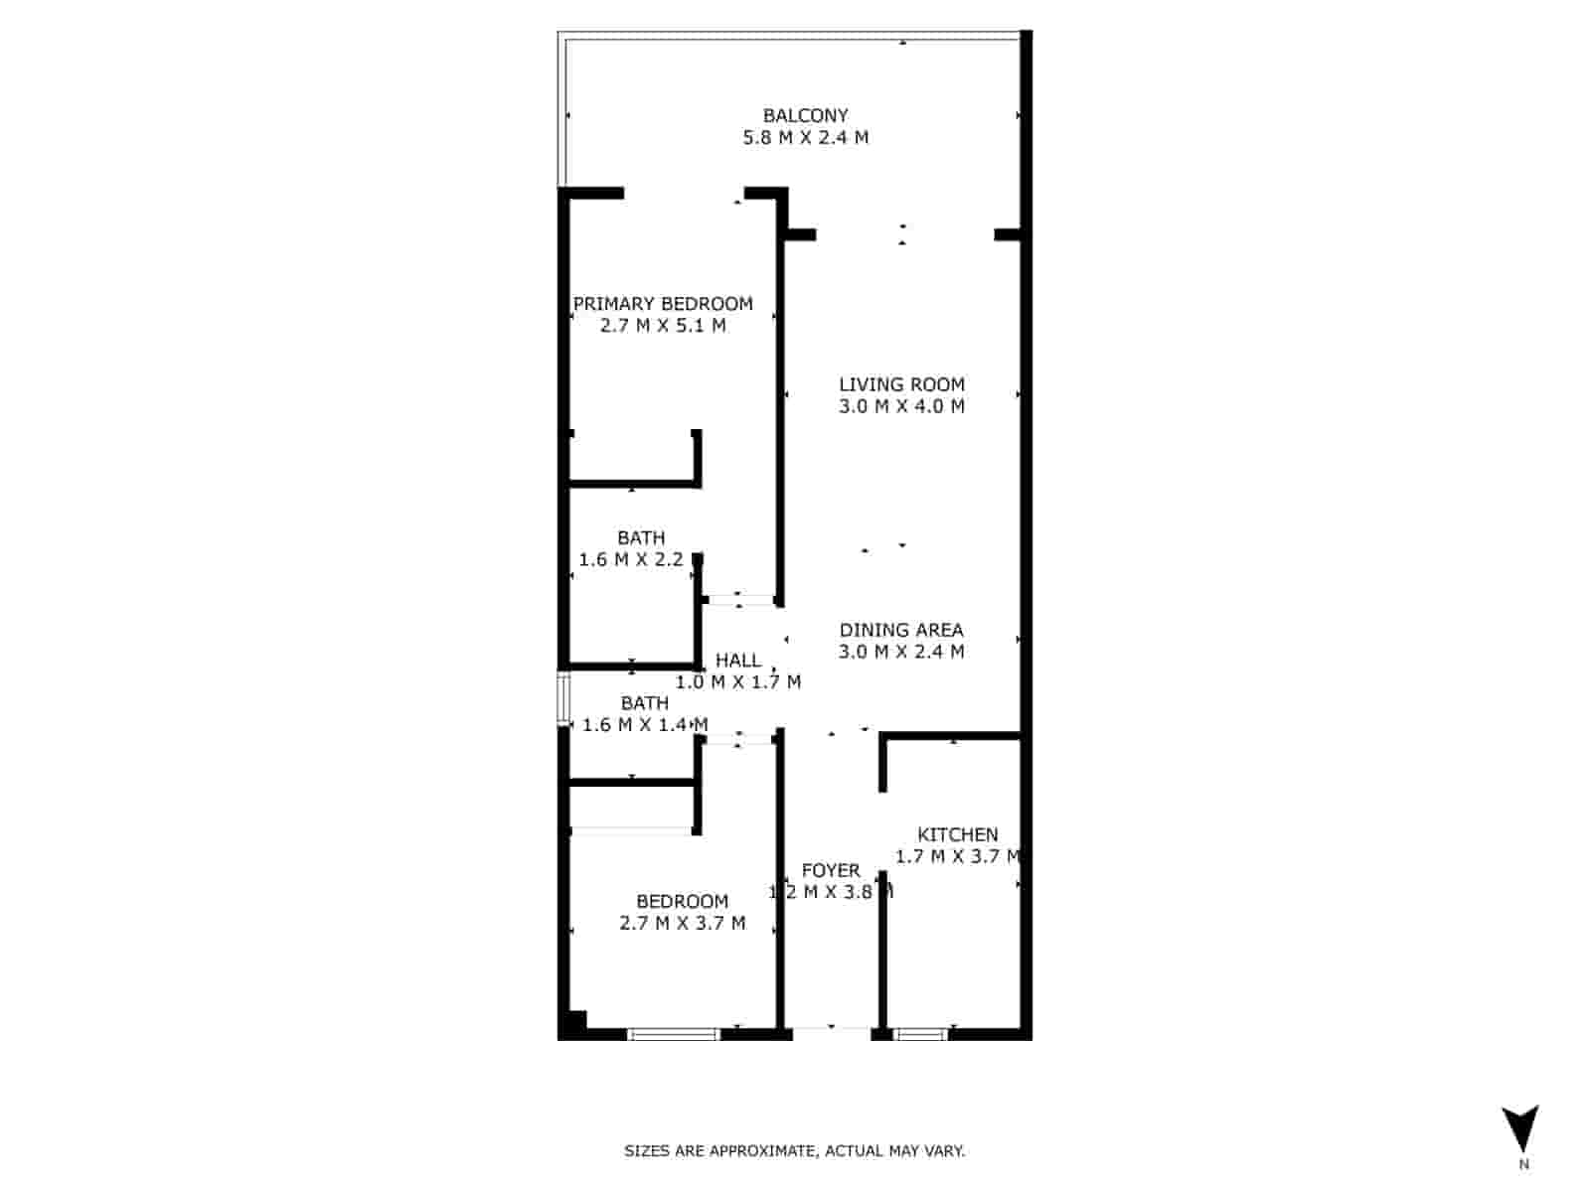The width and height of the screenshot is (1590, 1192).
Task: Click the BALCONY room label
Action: click(805, 115)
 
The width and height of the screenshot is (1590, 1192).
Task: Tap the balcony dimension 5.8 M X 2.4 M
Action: click(805, 138)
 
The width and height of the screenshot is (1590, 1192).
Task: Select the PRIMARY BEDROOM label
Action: click(663, 304)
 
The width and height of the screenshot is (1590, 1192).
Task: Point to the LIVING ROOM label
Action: click(901, 384)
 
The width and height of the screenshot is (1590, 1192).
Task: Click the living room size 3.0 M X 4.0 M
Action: click(901, 406)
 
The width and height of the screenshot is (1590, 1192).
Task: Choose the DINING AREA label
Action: click(901, 630)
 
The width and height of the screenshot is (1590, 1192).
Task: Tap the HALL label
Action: click(738, 661)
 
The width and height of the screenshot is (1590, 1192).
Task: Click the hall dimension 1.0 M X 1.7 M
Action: click(738, 682)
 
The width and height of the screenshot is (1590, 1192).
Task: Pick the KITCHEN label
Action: click(957, 834)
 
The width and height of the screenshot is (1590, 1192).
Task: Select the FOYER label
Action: click(831, 870)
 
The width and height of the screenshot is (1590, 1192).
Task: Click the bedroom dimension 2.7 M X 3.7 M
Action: click(683, 924)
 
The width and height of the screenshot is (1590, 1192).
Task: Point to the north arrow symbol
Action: click(1520, 1129)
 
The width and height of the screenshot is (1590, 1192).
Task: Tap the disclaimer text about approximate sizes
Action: click(794, 1151)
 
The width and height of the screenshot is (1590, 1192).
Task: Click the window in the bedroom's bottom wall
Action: click(674, 1035)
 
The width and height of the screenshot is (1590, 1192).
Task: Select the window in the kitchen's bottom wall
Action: click(921, 1035)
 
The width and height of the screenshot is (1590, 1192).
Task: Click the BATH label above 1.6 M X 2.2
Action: click(641, 537)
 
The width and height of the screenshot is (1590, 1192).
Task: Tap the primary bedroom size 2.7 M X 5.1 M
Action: click(663, 326)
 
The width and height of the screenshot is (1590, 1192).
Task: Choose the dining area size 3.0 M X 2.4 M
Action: click(901, 652)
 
